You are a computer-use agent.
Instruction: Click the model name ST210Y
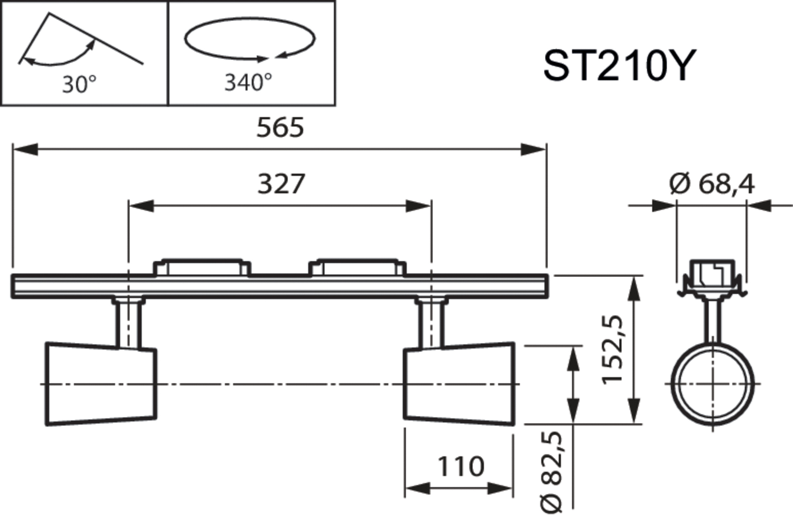[620, 66]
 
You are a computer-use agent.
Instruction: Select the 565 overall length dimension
[280, 127]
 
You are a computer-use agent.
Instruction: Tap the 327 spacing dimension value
[281, 184]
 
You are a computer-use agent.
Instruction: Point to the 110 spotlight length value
[461, 466]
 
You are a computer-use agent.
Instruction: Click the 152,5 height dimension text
[612, 350]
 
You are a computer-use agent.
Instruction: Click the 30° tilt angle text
[79, 84]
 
